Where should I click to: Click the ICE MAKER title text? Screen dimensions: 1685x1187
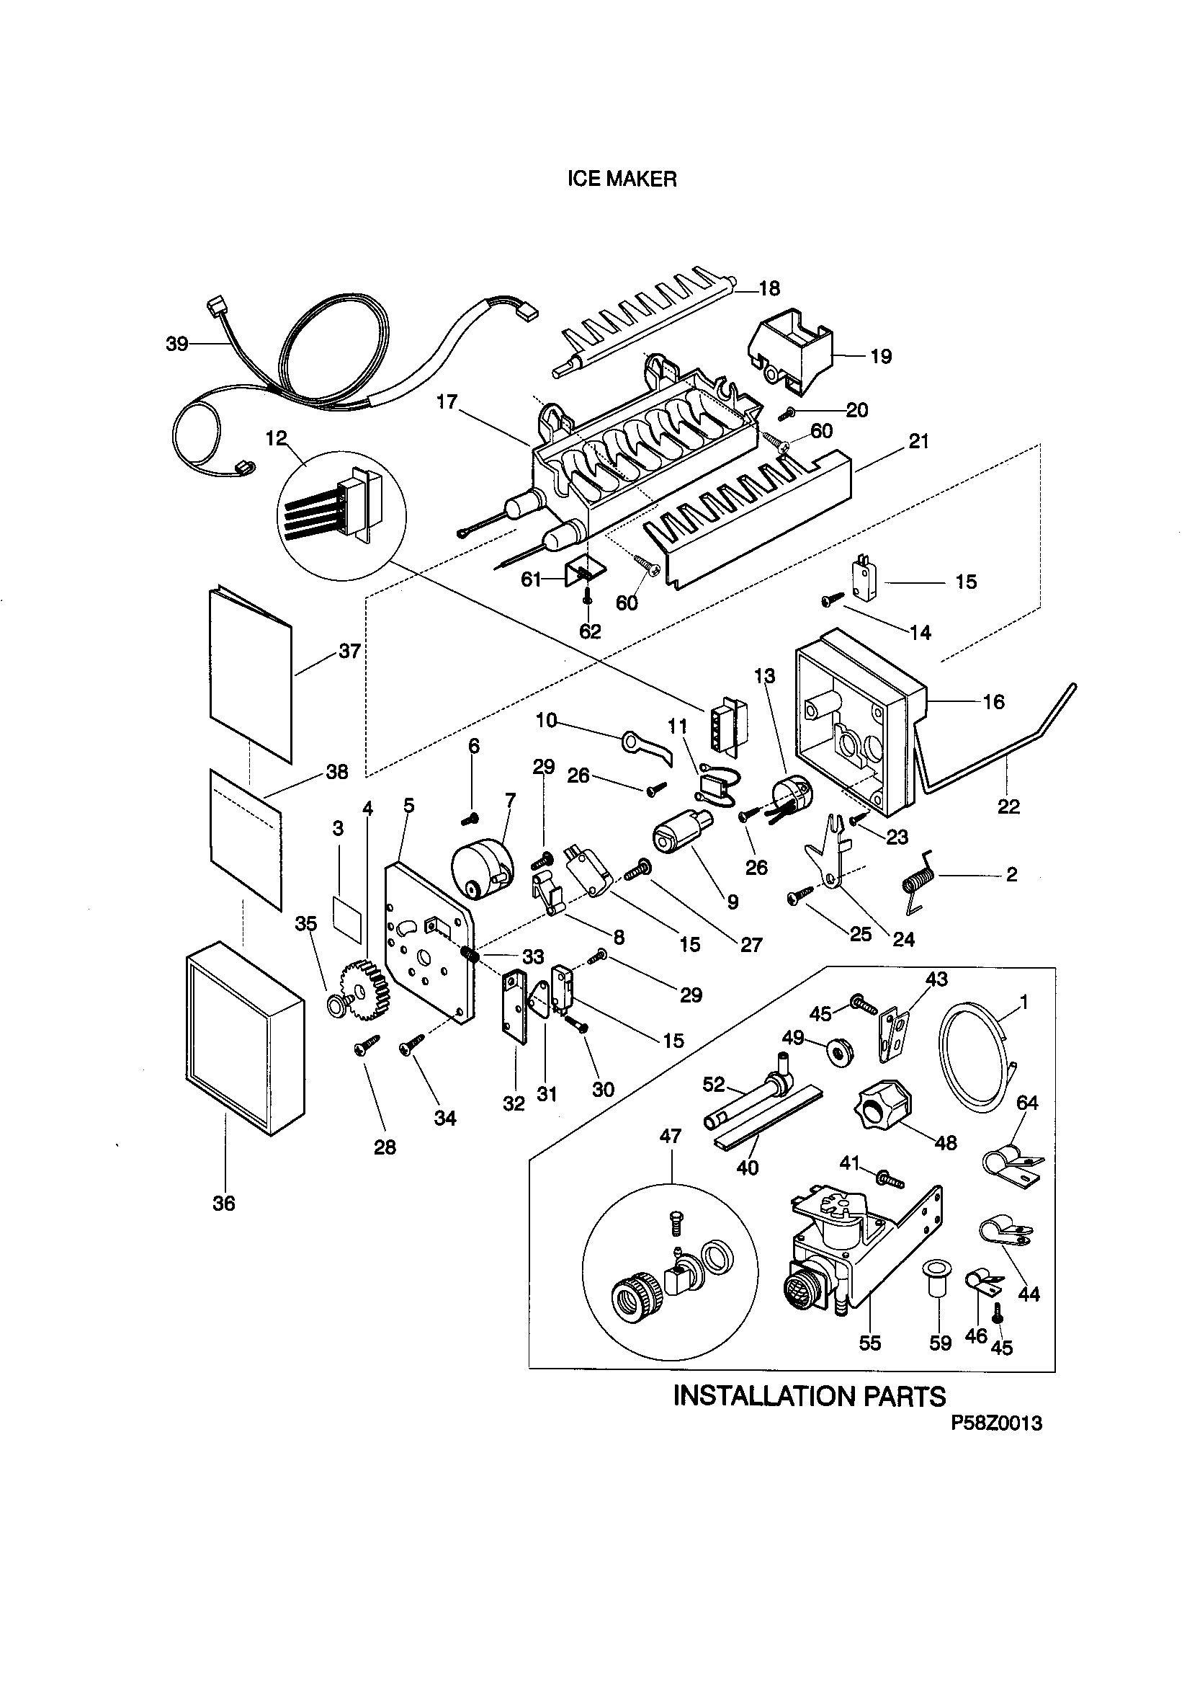pyautogui.click(x=622, y=179)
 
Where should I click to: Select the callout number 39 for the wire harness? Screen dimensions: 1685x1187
pyautogui.click(x=176, y=344)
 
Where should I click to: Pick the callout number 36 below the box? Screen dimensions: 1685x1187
pyautogui.click(x=224, y=1203)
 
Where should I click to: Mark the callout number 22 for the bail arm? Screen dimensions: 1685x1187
pyautogui.click(x=1008, y=806)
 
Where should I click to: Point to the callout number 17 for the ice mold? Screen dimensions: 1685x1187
pyautogui.click(x=447, y=401)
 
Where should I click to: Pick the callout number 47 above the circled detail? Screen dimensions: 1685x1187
pyautogui.click(x=671, y=1136)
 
